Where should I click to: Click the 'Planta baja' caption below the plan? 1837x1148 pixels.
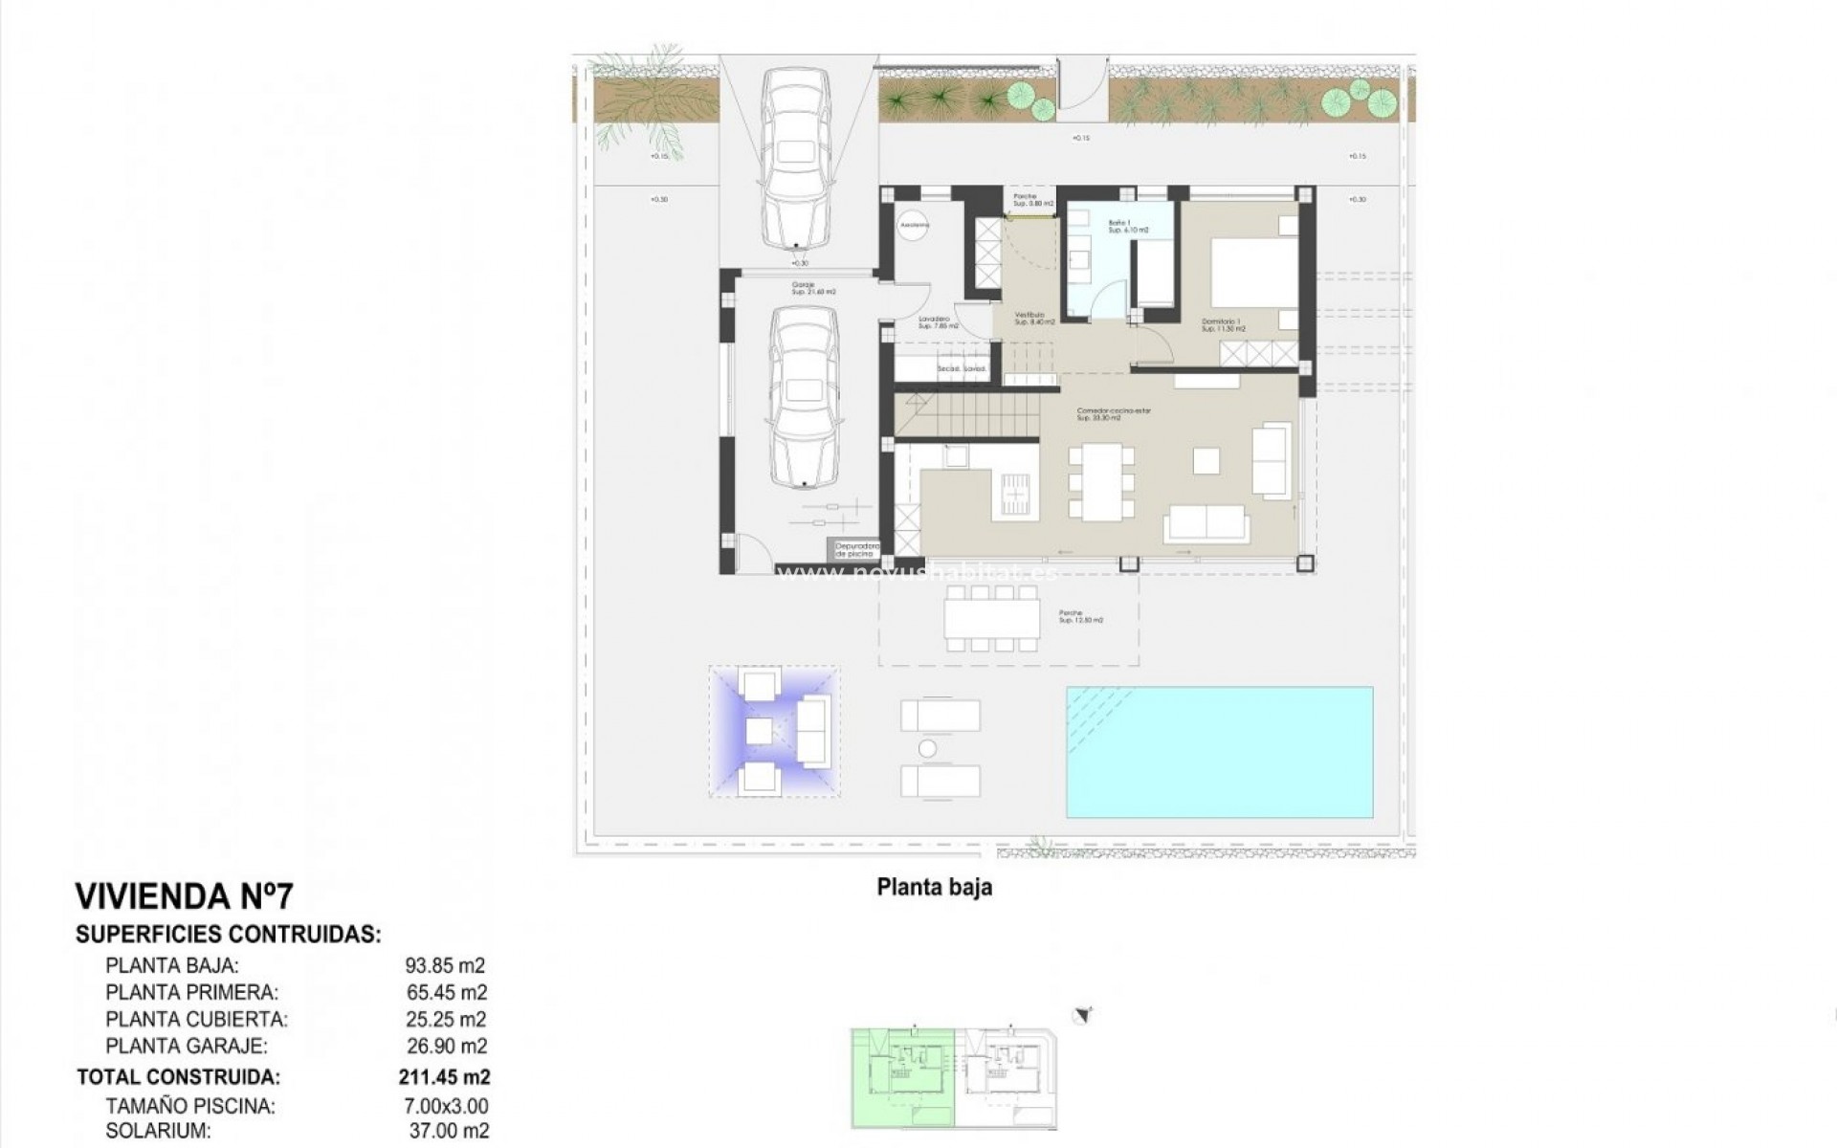pos(934,887)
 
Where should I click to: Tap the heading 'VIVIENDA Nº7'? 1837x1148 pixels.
pos(184,896)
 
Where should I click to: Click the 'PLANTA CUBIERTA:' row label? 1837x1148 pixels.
pos(196,1020)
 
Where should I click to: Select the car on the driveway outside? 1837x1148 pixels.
pos(794,160)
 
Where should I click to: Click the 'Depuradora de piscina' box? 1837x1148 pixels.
pos(854,550)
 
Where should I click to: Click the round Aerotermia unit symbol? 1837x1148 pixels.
pos(914,225)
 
